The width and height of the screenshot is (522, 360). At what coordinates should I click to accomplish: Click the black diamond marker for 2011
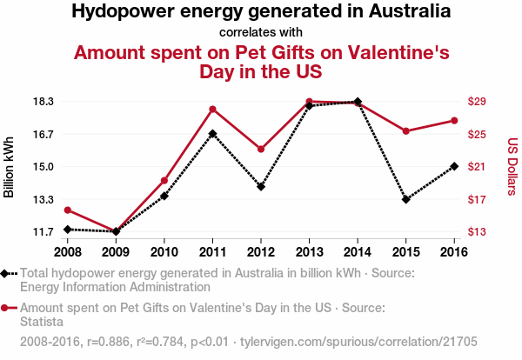click(212, 134)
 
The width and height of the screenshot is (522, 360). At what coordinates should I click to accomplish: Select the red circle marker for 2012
click(261, 149)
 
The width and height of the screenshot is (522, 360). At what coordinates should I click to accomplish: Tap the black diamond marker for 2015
click(405, 199)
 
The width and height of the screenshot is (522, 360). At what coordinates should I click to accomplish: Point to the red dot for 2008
click(67, 210)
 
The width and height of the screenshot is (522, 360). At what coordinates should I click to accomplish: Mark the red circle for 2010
click(164, 180)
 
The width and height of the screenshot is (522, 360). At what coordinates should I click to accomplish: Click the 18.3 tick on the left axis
click(43, 102)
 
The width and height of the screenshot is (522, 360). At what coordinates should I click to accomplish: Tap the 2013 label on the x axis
click(309, 252)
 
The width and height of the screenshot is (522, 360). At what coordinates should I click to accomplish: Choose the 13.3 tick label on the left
click(43, 199)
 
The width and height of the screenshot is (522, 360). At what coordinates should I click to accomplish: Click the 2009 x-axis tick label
click(116, 252)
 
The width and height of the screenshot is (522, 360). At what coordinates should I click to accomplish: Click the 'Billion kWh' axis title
click(10, 167)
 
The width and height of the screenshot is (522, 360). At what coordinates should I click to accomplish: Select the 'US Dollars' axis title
click(512, 165)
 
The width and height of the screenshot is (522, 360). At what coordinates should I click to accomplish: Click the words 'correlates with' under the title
click(261, 33)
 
